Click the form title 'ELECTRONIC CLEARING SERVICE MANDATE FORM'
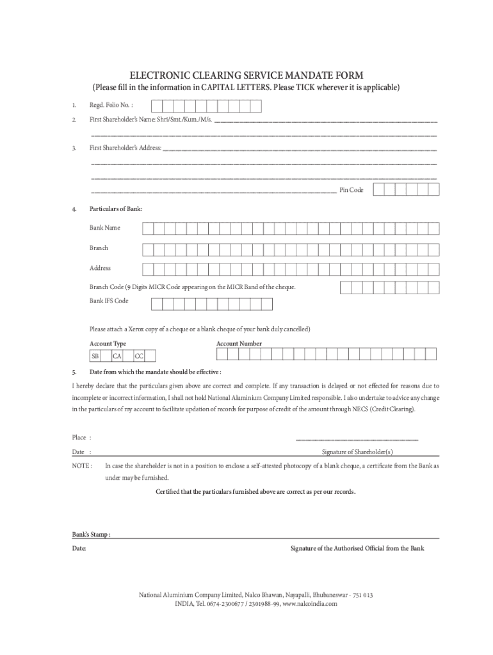pos(247,75)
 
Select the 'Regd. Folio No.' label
pos(111,105)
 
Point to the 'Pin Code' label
pos(351,190)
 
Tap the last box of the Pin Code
pos(433,189)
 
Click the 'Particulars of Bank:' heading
pos(116,209)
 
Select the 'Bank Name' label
pos(104,228)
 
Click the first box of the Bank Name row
pos(147,228)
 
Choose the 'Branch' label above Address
pos(99,248)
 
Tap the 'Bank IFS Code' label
pos(109,301)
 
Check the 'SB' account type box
pos(95,356)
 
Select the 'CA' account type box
pos(117,356)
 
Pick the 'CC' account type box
pos(139,356)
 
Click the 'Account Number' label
pos(239,343)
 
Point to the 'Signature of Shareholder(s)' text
pos(357,452)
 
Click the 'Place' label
pos(79,438)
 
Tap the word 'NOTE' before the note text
pos(81,466)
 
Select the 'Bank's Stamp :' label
pos(91,534)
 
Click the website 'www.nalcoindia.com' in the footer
pos(309,603)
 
